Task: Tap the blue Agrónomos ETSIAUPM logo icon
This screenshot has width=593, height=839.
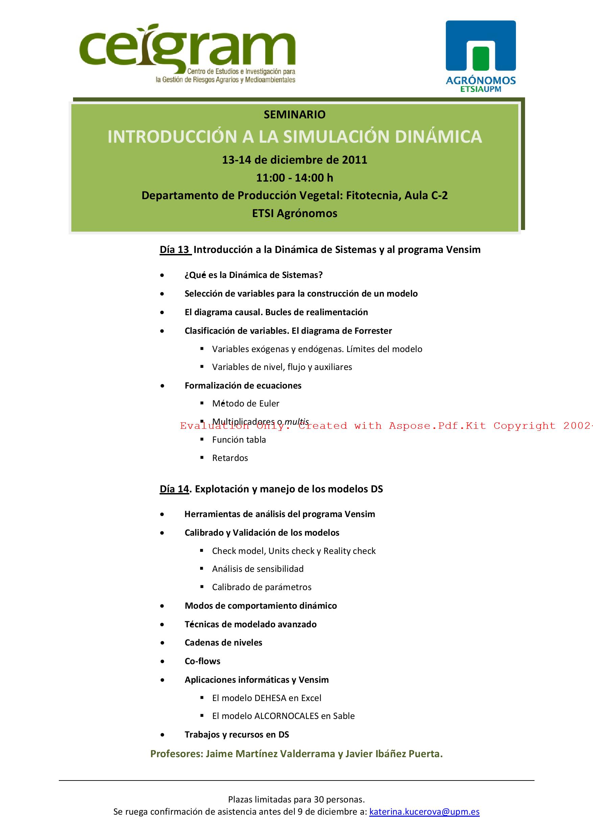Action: pos(480,46)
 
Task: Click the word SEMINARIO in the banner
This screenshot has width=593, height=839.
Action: pos(294,115)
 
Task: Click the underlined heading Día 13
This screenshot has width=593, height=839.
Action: pos(175,250)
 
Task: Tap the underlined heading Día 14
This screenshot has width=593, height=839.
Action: pos(174,489)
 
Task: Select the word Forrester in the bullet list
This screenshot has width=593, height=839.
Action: pos(373,331)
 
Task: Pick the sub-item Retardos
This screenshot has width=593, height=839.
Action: pos(230,458)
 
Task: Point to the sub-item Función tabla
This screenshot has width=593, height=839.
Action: pos(239,440)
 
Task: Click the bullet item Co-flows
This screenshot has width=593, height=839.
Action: pos(203,661)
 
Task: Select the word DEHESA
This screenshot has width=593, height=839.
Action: pos(270,698)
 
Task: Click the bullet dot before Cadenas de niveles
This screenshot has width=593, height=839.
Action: pos(162,643)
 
